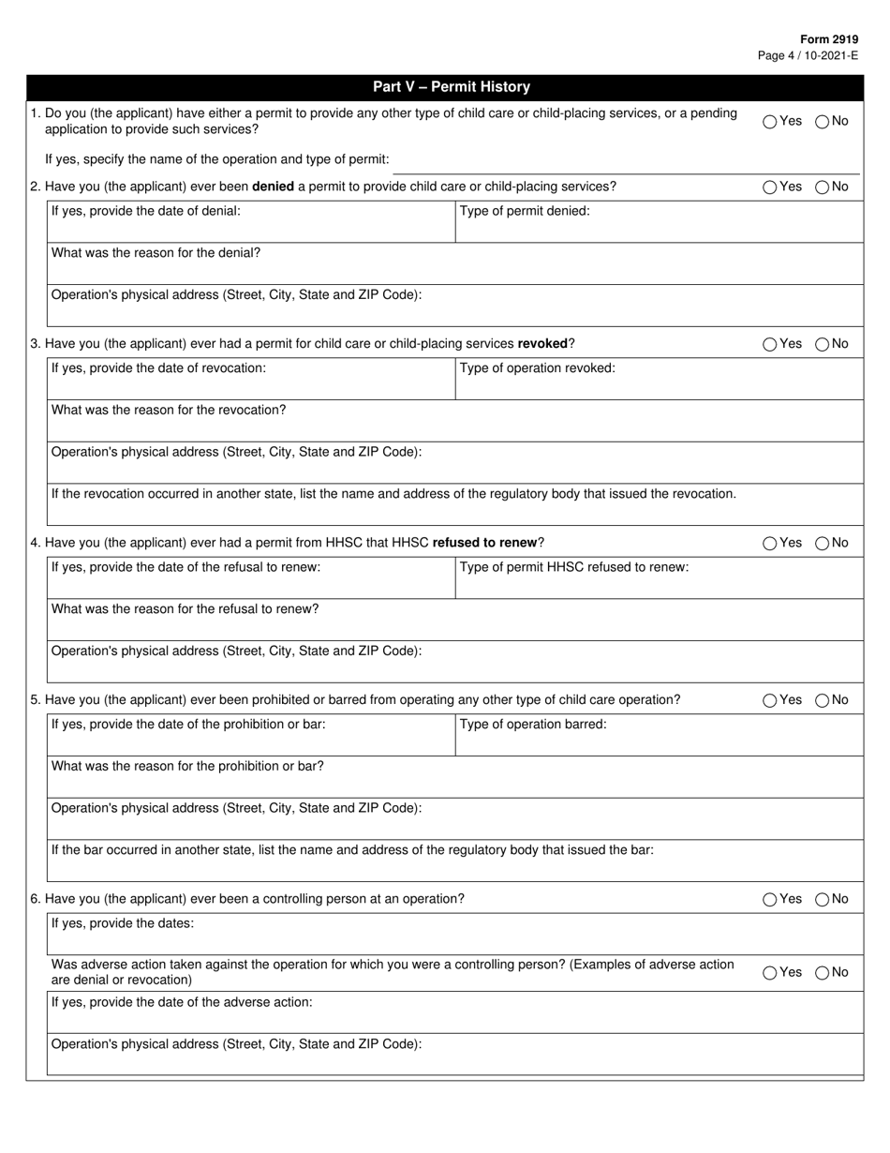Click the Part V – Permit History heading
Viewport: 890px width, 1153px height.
coord(451,87)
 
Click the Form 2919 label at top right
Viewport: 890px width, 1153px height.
coord(828,40)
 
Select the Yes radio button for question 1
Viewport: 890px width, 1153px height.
coord(770,121)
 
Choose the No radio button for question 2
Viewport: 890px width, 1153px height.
coord(823,187)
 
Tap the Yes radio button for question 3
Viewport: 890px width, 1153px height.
coord(770,344)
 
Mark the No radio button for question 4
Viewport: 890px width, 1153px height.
coord(823,543)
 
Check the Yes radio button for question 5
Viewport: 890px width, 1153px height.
coord(770,700)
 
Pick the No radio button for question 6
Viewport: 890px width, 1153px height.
coord(823,900)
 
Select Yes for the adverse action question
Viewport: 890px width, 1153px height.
coord(770,973)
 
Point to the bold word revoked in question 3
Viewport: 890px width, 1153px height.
coord(542,343)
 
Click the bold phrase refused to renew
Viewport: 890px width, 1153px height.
coord(484,542)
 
